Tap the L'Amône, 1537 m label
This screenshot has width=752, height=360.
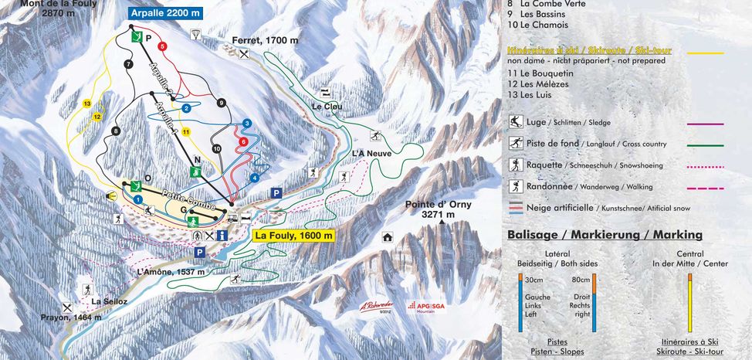[x=171, y=271]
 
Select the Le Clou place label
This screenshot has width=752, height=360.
[x=326, y=106]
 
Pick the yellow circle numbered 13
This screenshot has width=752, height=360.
[x=87, y=104]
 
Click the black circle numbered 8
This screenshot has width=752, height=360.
[x=117, y=131]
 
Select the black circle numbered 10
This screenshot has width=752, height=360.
[x=216, y=148]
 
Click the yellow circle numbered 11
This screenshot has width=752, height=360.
[x=185, y=132]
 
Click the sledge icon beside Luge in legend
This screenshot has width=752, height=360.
[x=515, y=122]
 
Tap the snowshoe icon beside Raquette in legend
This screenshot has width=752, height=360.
[x=515, y=165]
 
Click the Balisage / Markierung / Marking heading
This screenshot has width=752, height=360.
[x=605, y=235]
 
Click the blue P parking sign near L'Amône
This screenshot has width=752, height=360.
[x=200, y=252]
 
